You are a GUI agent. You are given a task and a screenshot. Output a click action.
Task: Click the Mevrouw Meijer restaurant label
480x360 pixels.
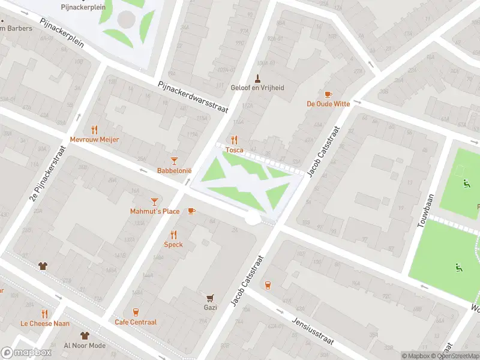pyautogui.click(x=94, y=139)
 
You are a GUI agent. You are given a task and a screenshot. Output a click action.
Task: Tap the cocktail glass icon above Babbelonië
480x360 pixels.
pyautogui.click(x=174, y=160)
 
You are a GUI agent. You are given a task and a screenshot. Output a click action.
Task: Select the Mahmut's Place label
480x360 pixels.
pyautogui.click(x=155, y=211)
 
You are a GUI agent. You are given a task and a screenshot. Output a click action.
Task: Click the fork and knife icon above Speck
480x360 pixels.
pyautogui.click(x=173, y=235)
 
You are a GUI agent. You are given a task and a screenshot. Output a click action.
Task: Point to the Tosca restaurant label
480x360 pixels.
pyautogui.click(x=234, y=150)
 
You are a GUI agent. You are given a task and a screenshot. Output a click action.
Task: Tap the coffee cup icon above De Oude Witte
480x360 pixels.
pyautogui.click(x=328, y=94)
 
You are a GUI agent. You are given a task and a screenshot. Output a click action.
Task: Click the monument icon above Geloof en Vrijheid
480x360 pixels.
pyautogui.click(x=257, y=77)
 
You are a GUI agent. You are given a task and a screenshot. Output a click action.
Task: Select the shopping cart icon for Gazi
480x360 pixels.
pyautogui.click(x=210, y=298)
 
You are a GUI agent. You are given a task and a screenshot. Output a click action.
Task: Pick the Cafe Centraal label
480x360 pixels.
pyautogui.click(x=136, y=322)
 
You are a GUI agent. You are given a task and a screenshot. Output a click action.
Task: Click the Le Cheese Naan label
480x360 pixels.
pyautogui.click(x=44, y=323)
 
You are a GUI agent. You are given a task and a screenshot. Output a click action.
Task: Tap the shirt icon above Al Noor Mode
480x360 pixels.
pyautogui.click(x=85, y=335)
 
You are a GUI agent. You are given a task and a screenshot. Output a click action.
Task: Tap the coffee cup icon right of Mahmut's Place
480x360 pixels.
pyautogui.click(x=191, y=211)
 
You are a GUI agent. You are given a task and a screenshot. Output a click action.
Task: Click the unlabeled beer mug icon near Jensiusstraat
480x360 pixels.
pyautogui.click(x=268, y=285)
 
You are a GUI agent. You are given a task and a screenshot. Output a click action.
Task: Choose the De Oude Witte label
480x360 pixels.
pyautogui.click(x=328, y=104)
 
